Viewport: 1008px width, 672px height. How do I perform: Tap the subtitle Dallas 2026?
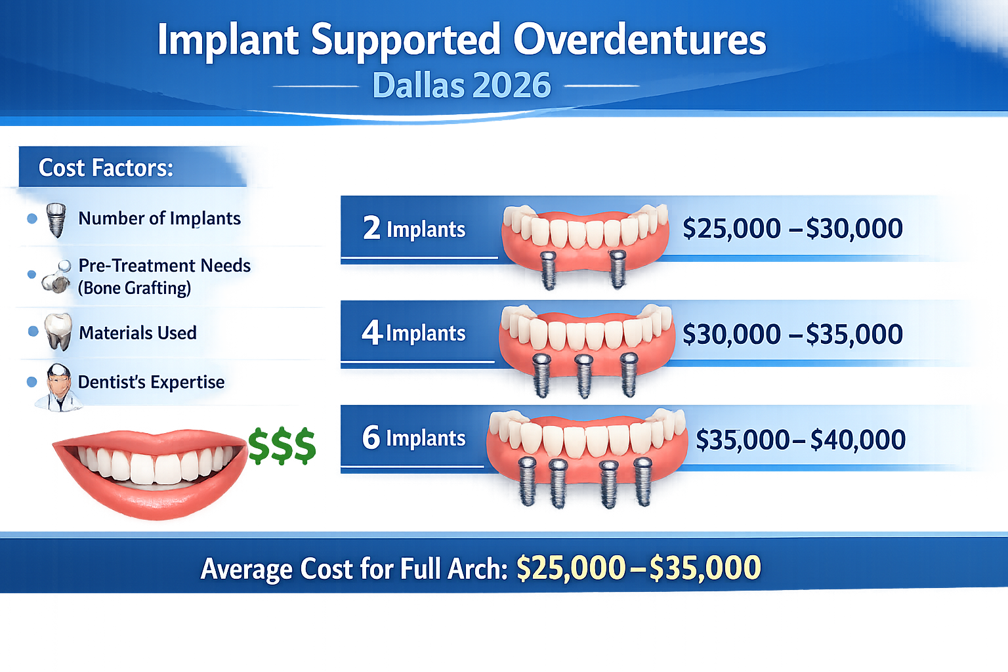tap(461, 85)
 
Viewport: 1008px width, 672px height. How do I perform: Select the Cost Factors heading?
tap(106, 168)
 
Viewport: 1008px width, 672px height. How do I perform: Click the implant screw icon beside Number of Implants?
tap(56, 220)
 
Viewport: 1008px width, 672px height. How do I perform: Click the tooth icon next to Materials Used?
tap(58, 331)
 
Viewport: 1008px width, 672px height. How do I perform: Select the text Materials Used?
tap(137, 333)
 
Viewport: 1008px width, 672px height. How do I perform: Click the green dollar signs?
tap(282, 446)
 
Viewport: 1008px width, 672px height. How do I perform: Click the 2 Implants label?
tap(414, 228)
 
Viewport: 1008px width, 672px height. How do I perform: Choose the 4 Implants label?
tap(413, 333)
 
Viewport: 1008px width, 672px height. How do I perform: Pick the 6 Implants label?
tap(413, 438)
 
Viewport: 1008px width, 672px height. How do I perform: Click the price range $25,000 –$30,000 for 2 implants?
tap(792, 228)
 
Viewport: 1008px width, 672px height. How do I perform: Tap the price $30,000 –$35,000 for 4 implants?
tap(792, 334)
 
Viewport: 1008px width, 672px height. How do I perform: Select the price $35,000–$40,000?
tap(800, 439)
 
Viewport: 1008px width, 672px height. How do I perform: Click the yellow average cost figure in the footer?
tap(639, 568)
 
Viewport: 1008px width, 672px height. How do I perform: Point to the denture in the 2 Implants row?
tap(584, 240)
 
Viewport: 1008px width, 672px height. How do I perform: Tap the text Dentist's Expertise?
tap(151, 382)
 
